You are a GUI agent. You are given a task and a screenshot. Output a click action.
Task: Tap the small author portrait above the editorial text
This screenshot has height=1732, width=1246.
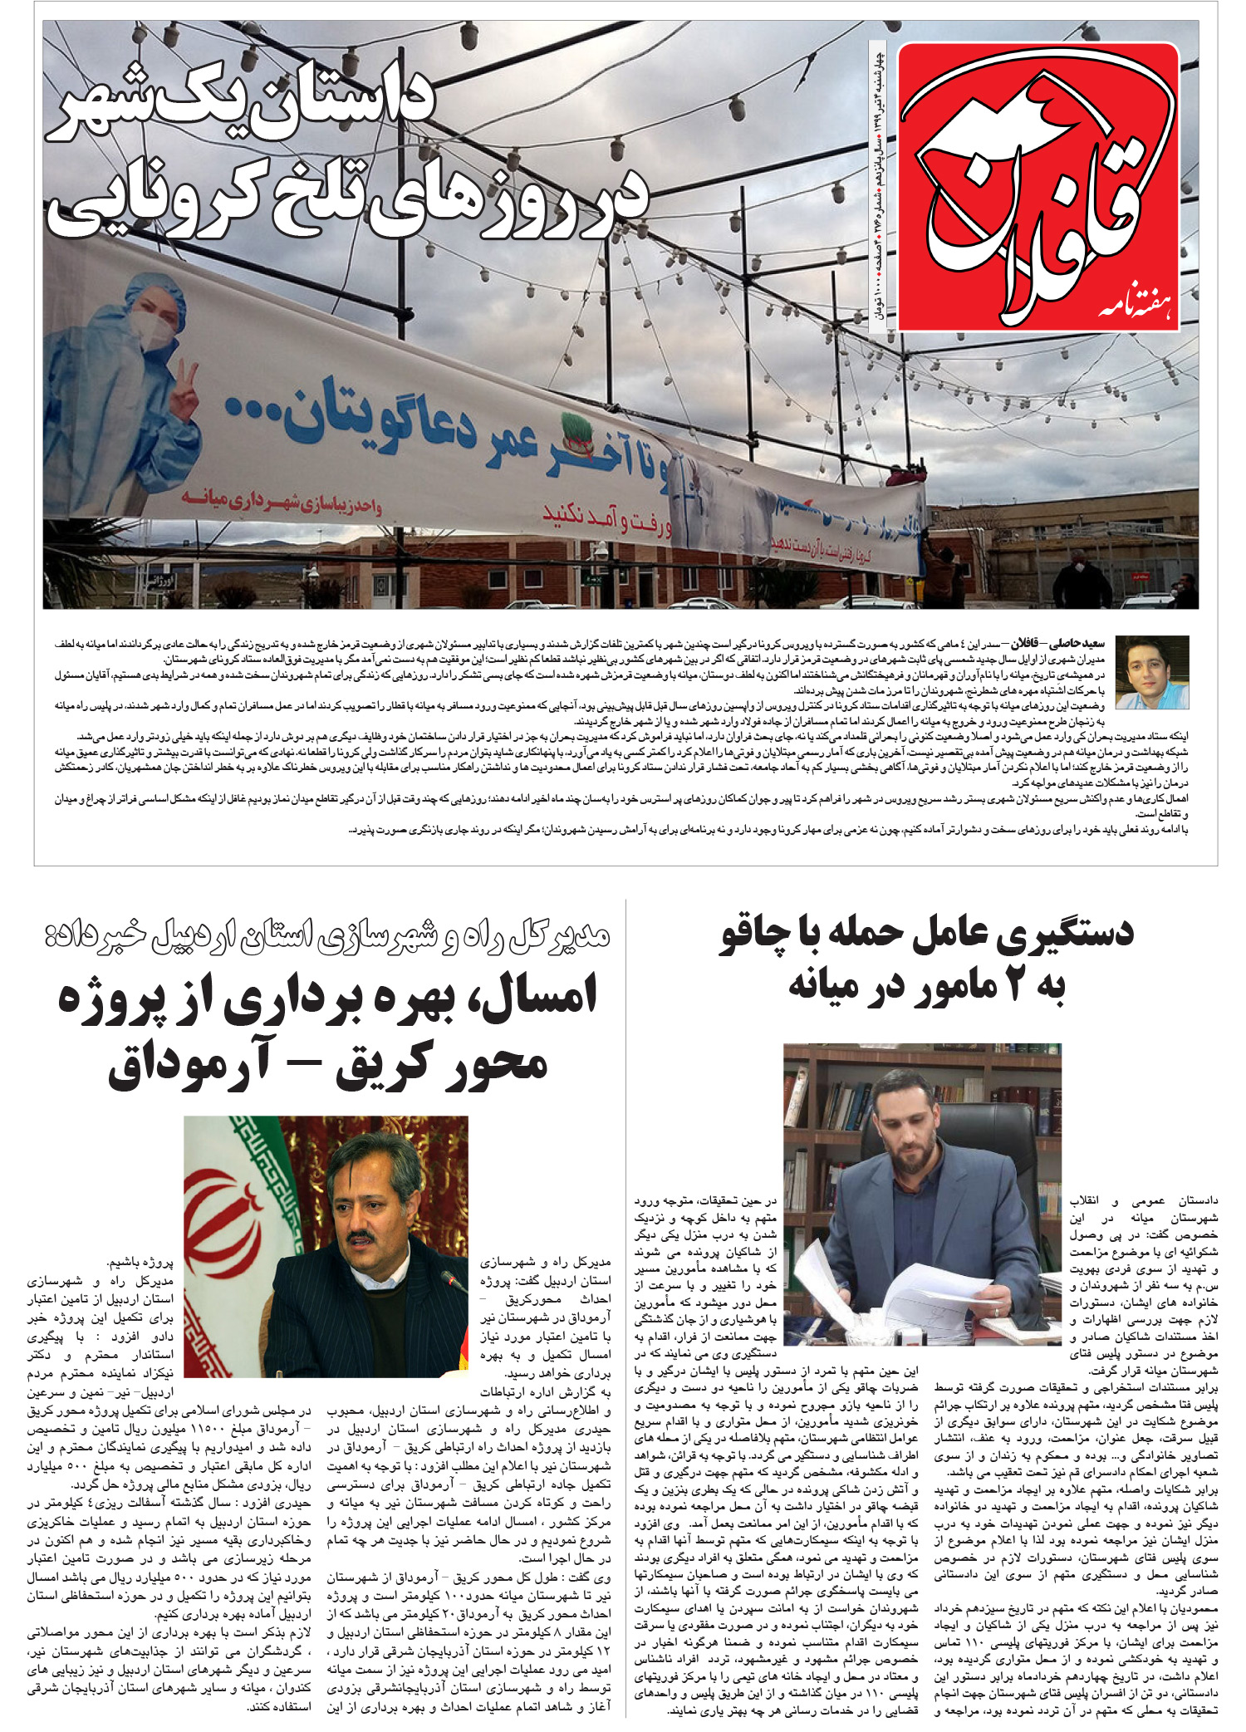(x=1151, y=672)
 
